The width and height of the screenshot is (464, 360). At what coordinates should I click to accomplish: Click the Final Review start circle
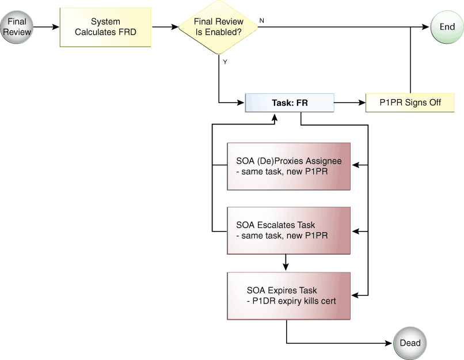17,27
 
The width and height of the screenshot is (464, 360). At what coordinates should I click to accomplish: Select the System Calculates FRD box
106,27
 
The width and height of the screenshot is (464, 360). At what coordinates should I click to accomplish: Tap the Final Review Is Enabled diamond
218,27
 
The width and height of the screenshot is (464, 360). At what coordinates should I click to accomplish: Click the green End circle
447,27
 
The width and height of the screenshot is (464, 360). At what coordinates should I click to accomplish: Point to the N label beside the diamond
261,20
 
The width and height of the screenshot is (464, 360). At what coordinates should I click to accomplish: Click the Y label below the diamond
225,62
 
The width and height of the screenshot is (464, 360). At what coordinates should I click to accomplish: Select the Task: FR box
290,103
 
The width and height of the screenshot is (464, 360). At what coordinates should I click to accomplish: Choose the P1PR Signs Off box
410,103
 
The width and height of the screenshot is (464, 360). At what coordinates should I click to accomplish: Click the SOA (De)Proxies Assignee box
289,166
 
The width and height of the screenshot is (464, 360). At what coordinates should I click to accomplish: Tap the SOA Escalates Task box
289,230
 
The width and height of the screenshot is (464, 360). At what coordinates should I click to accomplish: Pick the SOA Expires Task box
289,296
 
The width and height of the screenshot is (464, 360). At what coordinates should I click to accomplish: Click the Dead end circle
410,343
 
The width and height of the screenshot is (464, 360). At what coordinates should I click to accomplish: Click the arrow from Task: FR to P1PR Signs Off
350,103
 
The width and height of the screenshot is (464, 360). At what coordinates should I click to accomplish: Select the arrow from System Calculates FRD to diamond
165,27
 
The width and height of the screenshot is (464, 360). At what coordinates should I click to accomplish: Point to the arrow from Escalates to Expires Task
286,263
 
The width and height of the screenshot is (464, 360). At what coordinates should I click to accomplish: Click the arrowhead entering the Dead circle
389,343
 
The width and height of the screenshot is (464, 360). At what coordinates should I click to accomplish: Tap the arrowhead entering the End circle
425,27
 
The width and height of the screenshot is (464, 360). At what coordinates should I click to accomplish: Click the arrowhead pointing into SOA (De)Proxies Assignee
355,165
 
